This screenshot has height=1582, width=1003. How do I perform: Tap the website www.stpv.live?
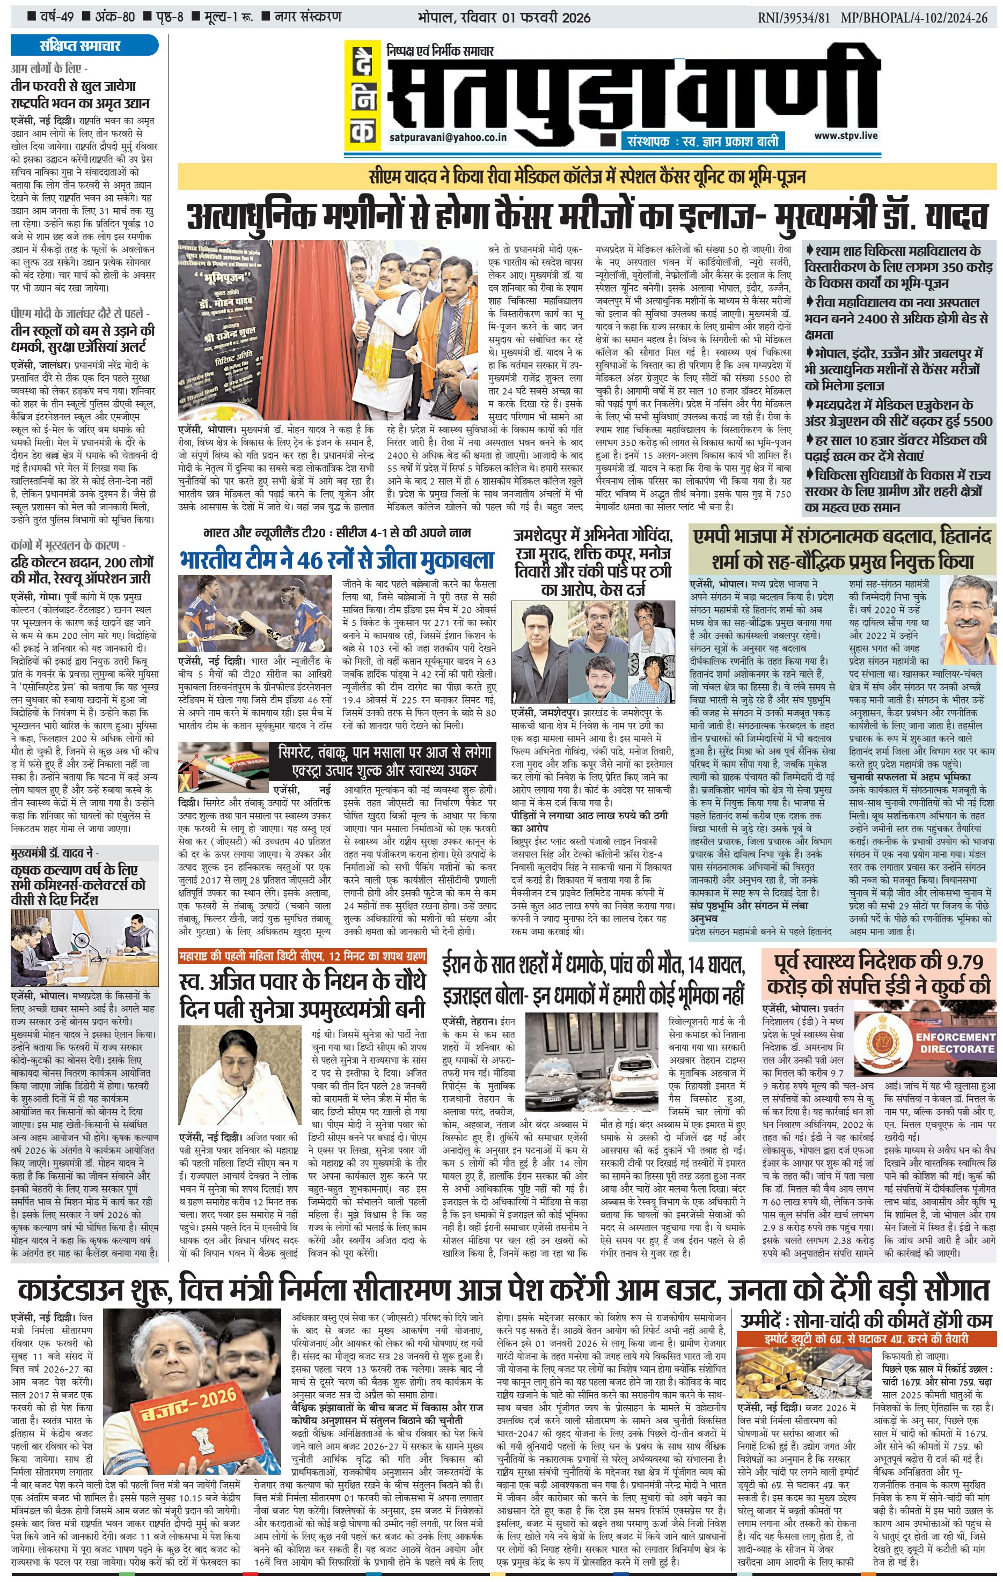point(845,135)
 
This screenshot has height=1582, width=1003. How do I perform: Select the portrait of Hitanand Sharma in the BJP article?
point(968,614)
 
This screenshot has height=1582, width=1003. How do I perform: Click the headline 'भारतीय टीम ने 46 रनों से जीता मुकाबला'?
point(336,560)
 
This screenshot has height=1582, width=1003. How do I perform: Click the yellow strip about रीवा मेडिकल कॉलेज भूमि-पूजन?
point(587,177)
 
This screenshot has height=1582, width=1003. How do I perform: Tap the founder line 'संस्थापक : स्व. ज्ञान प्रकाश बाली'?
point(702,141)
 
